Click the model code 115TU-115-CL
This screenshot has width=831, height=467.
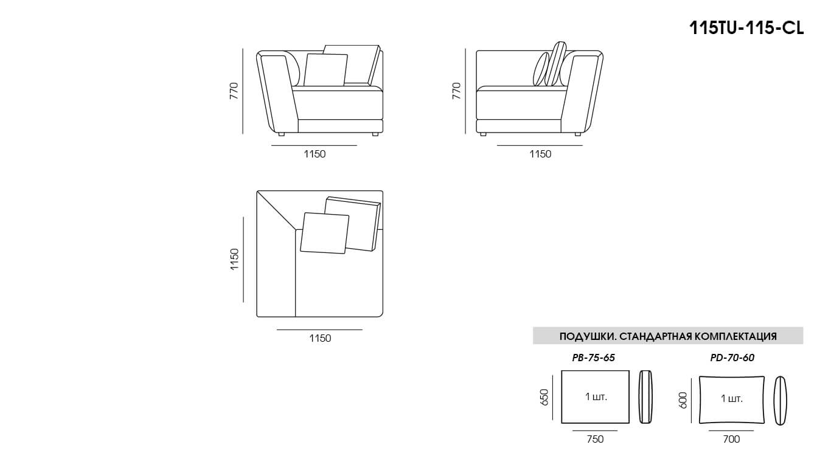[746, 28]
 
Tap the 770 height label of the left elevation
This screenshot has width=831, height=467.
[234, 91]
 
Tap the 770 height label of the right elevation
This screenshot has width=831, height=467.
[456, 91]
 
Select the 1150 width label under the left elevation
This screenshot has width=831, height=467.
[315, 154]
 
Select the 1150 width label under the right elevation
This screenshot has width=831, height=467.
[540, 154]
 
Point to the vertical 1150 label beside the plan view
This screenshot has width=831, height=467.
[234, 259]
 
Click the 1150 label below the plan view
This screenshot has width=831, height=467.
[320, 338]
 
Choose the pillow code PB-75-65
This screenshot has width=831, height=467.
[594, 358]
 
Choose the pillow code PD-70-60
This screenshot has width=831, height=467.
[732, 358]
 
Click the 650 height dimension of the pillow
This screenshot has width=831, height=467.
[544, 397]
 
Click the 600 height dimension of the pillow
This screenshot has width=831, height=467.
[683, 400]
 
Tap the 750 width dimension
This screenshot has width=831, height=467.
[595, 439]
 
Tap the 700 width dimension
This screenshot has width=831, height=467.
[731, 439]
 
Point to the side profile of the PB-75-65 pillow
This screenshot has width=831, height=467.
[645, 397]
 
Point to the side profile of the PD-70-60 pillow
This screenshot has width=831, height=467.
[780, 401]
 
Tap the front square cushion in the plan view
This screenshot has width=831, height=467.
[325, 233]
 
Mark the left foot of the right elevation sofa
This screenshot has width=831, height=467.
[482, 134]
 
